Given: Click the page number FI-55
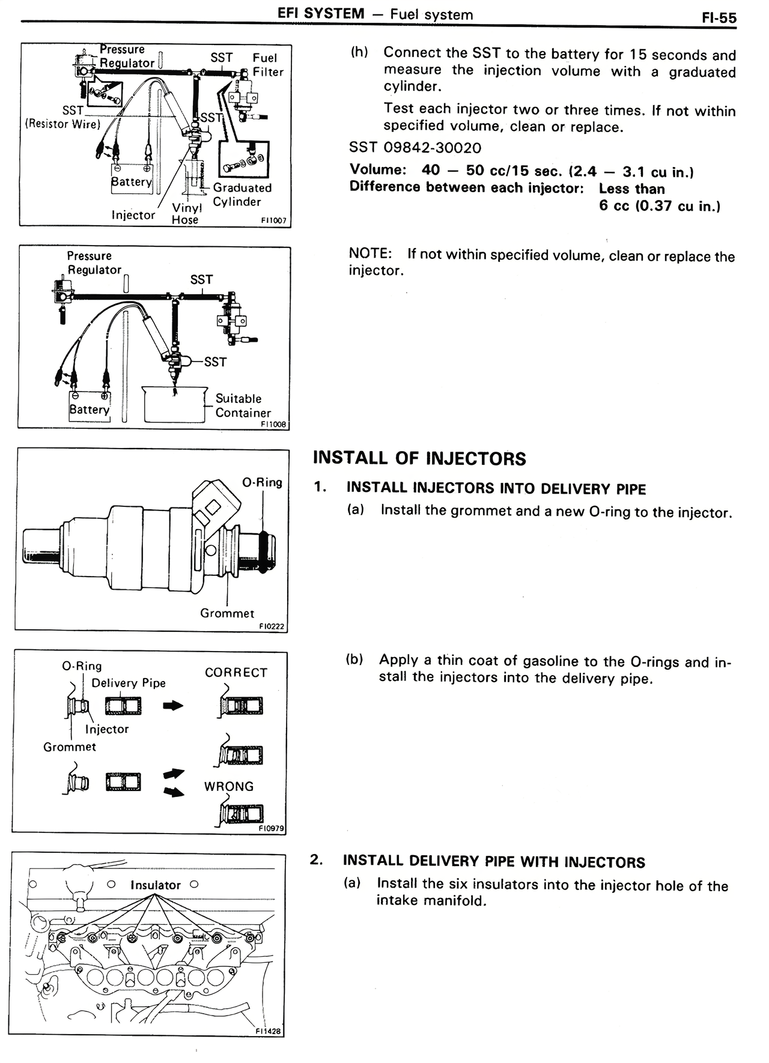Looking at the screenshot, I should tap(719, 17).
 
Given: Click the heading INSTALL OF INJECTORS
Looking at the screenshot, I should tap(419, 459).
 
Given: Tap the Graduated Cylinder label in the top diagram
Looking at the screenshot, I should tap(242, 195).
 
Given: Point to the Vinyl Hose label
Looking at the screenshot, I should tap(186, 213).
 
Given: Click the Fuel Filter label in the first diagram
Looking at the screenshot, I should tap(267, 65).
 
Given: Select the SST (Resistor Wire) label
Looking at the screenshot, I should tap(63, 118).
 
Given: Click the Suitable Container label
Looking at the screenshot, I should tap(243, 405).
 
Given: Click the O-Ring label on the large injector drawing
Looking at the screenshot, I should tap(262, 482).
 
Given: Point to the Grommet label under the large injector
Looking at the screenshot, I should tap(227, 613).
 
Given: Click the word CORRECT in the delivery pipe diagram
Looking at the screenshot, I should tap(236, 673).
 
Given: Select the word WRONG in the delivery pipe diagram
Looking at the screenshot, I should tap(229, 786).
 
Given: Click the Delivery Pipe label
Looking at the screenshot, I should tap(128, 683).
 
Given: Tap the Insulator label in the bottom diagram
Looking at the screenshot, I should tap(156, 885).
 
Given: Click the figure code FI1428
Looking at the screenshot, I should tap(268, 1031).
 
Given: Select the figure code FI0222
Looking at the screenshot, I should tap(272, 626).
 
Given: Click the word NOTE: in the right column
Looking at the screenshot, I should tap(370, 253).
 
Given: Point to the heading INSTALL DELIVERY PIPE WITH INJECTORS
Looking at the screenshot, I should tap(493, 862).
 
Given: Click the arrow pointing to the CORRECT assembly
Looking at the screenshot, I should tap(173, 706).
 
